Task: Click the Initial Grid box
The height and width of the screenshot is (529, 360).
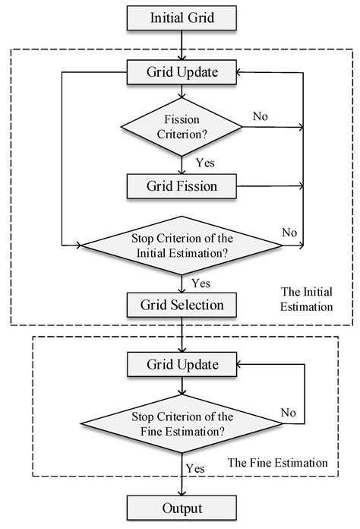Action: [182, 17]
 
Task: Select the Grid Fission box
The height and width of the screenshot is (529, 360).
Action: [182, 185]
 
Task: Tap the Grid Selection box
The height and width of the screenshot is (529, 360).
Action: [182, 305]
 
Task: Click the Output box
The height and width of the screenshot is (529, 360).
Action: [182, 507]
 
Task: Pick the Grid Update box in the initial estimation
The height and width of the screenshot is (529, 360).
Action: [182, 73]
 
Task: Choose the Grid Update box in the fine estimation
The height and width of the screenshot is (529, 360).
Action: [182, 365]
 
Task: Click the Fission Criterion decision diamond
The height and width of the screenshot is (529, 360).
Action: [182, 127]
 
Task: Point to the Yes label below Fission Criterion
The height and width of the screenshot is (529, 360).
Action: [205, 162]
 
